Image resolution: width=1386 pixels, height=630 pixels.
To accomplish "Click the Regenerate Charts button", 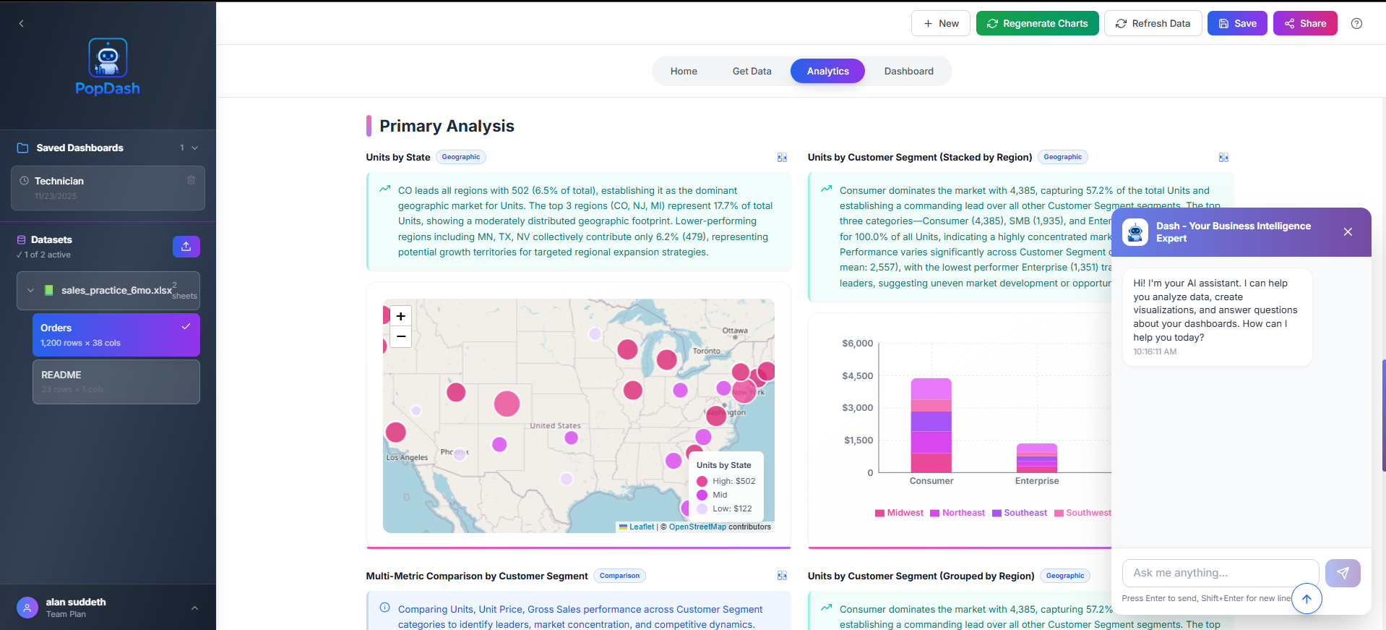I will coord(1037,23).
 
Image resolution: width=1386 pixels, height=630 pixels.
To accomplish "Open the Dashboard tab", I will coord(908,71).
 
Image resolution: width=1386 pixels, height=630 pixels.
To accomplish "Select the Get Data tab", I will coord(752,71).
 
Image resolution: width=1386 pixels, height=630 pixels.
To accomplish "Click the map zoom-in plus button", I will coord(400,316).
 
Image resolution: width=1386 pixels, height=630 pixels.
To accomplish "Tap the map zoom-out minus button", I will coord(400,336).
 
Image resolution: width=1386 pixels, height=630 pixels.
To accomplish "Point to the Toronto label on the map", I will coord(706,351).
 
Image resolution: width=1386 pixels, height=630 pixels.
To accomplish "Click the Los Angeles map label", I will coord(407,457).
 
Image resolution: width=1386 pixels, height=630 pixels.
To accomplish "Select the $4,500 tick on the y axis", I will coord(857,375).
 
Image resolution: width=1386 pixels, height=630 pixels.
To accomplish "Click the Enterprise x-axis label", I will coord(1036,481).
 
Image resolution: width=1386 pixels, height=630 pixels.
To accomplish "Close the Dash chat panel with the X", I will coord(1347,231).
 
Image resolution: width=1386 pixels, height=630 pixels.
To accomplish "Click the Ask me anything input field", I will coord(1220,573).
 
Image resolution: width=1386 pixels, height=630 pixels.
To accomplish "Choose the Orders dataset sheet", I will coord(116,335).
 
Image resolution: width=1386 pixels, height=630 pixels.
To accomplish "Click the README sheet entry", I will coord(116,382).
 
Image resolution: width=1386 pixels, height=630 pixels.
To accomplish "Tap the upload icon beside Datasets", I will coord(186,247).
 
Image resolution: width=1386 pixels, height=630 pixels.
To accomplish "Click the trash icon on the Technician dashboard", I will coord(191,180).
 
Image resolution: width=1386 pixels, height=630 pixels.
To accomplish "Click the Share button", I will coord(1304,23).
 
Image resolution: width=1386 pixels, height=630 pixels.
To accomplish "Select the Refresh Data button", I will coord(1153,23).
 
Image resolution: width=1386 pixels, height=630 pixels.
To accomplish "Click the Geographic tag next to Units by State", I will coord(460,157).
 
